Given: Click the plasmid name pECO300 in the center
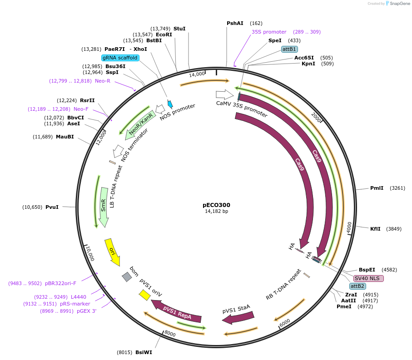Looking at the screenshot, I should (x=216, y=205).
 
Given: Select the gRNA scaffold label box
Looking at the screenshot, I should (x=120, y=58).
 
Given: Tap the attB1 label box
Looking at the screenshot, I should (x=289, y=49).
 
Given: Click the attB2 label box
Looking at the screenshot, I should (x=357, y=286).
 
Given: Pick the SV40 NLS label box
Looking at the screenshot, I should (x=368, y=278).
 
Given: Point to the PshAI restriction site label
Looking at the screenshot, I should (x=235, y=23).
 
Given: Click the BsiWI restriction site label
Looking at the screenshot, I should (x=144, y=352).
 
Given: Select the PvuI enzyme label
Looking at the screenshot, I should (x=52, y=207).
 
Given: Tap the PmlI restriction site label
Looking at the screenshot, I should (x=377, y=188).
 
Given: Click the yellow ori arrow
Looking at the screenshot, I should (x=113, y=252).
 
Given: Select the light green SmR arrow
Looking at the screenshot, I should (x=103, y=207).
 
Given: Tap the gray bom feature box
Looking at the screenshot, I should (x=127, y=276).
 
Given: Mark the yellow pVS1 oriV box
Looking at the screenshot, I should (x=145, y=295).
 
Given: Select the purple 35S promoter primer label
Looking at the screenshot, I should (x=269, y=32).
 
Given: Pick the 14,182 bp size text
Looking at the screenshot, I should (x=216, y=211).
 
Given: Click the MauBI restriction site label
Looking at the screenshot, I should (x=65, y=137).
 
